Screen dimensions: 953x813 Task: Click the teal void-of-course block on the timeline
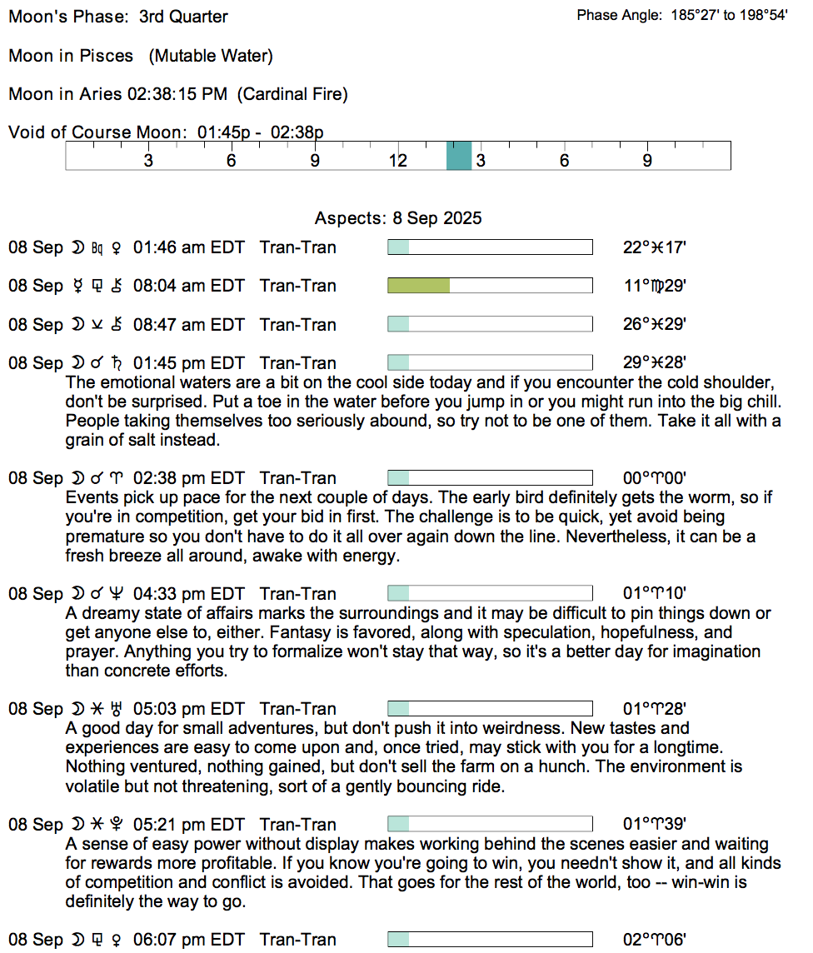(x=459, y=156)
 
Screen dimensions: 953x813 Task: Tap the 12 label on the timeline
(x=397, y=160)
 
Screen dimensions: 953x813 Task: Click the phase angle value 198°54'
(x=761, y=16)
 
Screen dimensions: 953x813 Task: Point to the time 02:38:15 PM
(x=177, y=94)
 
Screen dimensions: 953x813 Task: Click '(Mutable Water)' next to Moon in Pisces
(x=211, y=56)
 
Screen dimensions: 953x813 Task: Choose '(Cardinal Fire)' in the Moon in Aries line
(x=292, y=94)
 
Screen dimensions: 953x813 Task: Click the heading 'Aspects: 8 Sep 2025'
(x=398, y=218)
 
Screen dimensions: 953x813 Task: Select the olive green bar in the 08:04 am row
(x=419, y=286)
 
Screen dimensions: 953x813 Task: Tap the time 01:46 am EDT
(x=189, y=247)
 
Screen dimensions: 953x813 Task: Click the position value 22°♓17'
(x=655, y=247)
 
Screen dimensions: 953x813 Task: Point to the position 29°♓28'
(x=655, y=363)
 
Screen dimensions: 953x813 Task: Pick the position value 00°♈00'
(x=655, y=478)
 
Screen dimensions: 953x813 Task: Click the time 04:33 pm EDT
(x=189, y=594)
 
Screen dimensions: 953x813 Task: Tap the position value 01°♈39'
(x=655, y=825)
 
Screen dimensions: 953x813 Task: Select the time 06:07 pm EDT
(x=189, y=940)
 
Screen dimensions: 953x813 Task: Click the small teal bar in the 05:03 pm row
(x=399, y=709)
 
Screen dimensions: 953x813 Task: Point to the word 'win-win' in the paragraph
(x=726, y=882)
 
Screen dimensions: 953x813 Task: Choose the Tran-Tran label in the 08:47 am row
(x=298, y=325)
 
